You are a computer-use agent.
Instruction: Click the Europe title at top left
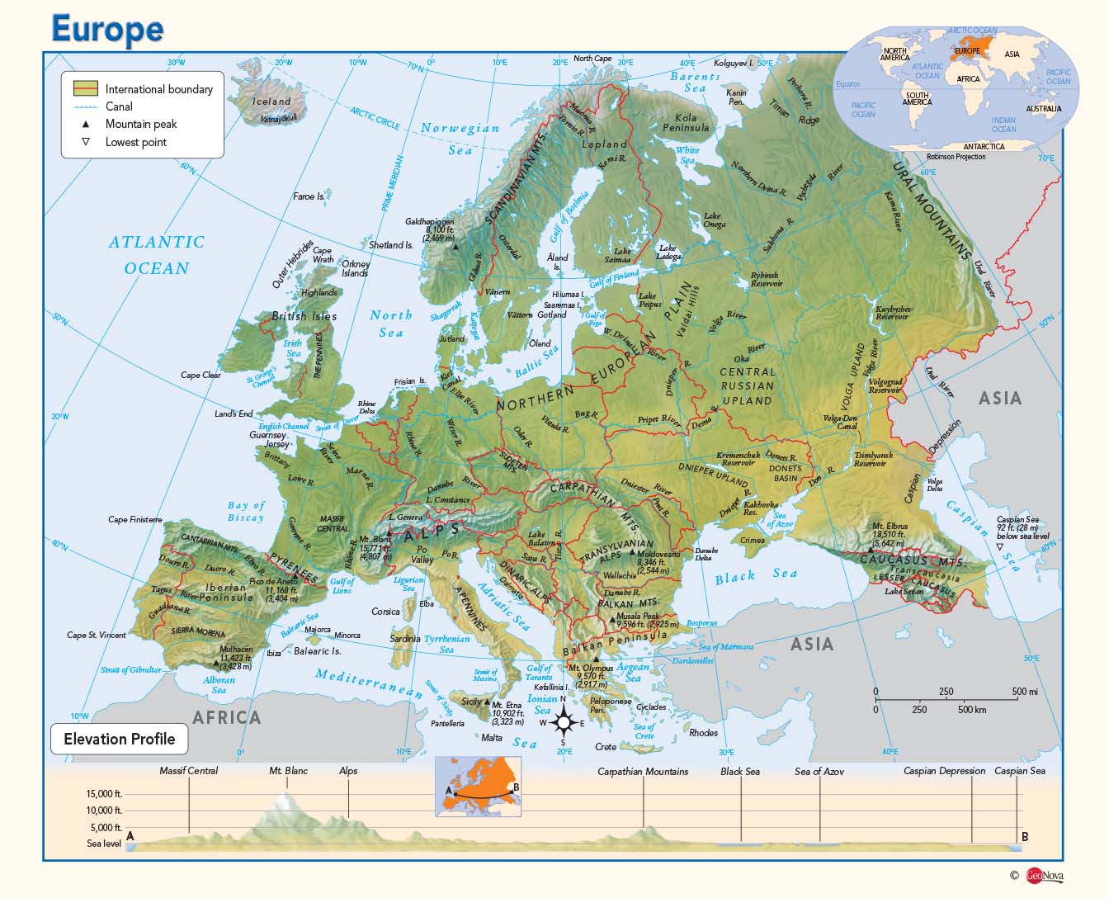point(107,29)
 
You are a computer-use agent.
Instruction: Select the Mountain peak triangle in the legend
point(85,124)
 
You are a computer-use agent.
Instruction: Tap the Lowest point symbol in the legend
point(85,142)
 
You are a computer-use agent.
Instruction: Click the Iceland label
point(271,102)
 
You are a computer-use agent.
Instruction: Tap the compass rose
point(564,723)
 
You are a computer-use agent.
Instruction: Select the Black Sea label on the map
point(756,575)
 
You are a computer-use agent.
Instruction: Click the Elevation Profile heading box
point(120,739)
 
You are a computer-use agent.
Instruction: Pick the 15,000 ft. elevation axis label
point(104,794)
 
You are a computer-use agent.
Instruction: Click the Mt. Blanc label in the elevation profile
point(288,771)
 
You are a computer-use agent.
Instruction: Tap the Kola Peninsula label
point(686,123)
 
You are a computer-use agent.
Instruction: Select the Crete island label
point(606,747)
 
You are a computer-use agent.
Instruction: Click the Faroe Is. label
point(309,196)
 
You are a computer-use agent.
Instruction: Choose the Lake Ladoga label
point(668,252)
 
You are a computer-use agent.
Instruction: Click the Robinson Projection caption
point(956,156)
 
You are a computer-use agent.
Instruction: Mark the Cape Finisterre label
point(135,520)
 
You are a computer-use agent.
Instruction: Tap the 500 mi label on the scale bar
point(1025,692)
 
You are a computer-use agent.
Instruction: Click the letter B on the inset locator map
point(516,787)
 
